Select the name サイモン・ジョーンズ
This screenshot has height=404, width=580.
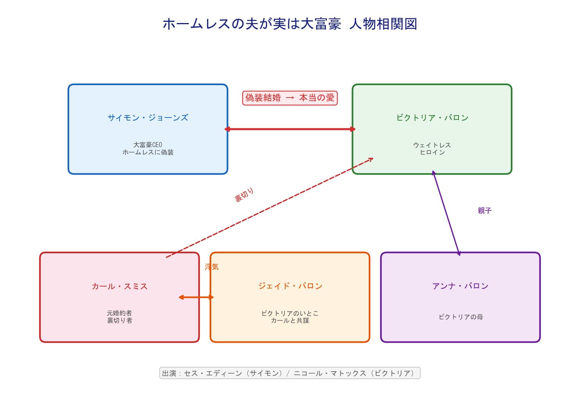(148, 117)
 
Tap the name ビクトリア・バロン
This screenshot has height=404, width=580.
(432, 117)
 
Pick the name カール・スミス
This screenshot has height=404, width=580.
(120, 286)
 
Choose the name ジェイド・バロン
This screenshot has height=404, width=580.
(290, 286)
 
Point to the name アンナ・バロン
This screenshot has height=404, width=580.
(460, 286)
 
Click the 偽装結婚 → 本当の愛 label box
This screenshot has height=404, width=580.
(290, 98)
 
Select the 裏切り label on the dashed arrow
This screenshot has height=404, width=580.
(244, 195)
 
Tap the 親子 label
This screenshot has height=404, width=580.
(484, 210)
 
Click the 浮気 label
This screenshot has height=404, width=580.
(212, 267)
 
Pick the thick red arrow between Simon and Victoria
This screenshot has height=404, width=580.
(290, 129)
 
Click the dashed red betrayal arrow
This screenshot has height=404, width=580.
(269, 208)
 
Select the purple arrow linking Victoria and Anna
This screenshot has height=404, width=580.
(446, 213)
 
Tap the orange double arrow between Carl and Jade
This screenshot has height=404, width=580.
(196, 297)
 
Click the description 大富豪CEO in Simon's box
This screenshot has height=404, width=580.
(148, 145)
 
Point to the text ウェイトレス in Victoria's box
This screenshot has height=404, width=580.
(432, 145)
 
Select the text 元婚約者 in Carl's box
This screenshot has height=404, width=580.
(120, 313)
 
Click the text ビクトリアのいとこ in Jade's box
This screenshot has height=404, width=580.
(290, 313)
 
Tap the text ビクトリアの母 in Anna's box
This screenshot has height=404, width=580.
(460, 317)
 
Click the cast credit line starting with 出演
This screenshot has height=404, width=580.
(290, 373)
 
